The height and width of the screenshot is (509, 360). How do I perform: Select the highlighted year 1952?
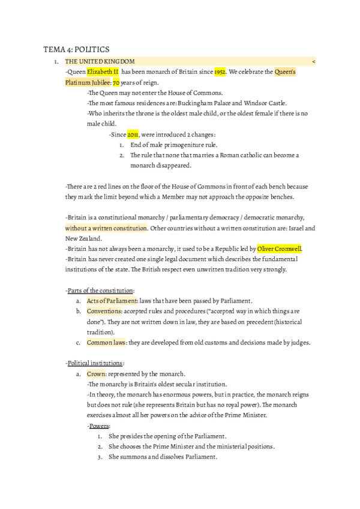click(220, 72)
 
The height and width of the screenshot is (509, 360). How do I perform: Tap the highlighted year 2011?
click(133, 134)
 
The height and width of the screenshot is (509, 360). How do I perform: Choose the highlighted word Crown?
click(96, 373)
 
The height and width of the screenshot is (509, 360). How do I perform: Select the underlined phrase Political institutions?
click(95, 363)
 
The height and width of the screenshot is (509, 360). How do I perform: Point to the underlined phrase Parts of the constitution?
click(100, 290)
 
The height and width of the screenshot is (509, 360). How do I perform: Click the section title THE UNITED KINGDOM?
click(100, 61)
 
